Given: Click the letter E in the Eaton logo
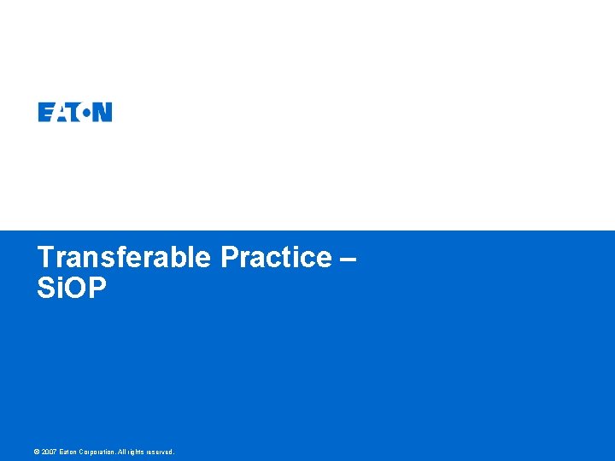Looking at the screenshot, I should point(45,112).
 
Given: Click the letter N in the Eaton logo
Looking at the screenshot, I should point(102,112).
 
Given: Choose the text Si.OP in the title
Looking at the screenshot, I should point(72,289).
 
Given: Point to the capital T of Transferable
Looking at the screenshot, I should point(45,258).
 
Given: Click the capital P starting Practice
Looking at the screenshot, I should point(229,258).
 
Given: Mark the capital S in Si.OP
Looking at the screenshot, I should point(46,289).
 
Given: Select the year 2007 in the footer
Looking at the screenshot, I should point(50,452).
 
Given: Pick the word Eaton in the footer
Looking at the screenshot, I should point(68,452).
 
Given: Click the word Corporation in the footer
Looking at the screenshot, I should point(97,452).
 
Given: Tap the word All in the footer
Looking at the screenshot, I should point(122,452).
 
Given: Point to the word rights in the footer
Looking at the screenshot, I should point(137,452).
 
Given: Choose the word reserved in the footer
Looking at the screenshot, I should point(160,452).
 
